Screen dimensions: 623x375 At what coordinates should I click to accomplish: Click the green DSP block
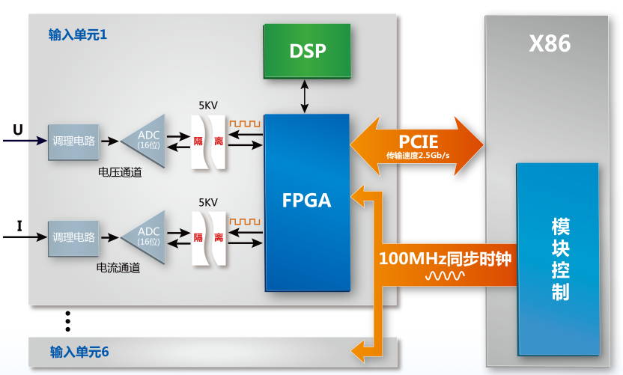pos(307,51)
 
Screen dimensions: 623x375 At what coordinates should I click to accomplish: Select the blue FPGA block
pos(307,203)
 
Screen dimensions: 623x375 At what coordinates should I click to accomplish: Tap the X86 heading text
pos(550,43)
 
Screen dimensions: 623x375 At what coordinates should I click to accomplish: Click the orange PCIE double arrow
pos(417,146)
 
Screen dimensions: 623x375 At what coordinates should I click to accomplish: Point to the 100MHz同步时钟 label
pos(445,258)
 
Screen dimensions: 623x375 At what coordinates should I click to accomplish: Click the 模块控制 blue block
pos(558,259)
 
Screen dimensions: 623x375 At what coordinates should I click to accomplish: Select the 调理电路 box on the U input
pos(73,141)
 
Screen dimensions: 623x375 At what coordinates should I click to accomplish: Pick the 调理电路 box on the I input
pos(73,238)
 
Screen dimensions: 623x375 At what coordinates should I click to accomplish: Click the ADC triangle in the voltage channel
pos(144,141)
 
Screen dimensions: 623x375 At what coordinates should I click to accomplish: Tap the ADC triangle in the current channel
pos(144,237)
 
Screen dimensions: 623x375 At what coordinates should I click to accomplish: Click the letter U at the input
pos(18,129)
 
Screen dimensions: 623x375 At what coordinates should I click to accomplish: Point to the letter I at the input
pos(19,226)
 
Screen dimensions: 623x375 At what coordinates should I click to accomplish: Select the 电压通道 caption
pos(120,172)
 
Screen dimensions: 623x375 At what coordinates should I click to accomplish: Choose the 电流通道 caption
pos(118,268)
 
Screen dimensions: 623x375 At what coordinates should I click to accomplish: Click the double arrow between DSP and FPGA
pos(304,97)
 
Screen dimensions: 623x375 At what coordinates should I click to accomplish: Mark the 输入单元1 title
pos(78,35)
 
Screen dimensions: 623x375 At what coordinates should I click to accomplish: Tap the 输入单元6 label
pos(79,352)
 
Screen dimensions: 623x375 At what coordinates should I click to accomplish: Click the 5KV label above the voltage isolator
pos(208,106)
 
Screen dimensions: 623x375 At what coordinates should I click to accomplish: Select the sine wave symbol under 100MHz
pos(445,275)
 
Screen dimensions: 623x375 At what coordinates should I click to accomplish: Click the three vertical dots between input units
pos(68,321)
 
